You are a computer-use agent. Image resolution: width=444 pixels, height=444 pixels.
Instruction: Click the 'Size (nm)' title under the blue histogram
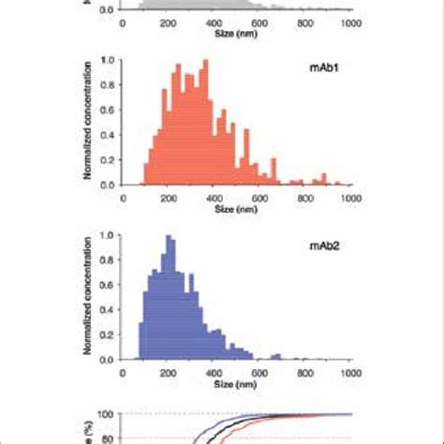[x=238, y=384]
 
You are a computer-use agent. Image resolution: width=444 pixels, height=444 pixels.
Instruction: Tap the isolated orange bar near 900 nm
[x=325, y=179]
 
